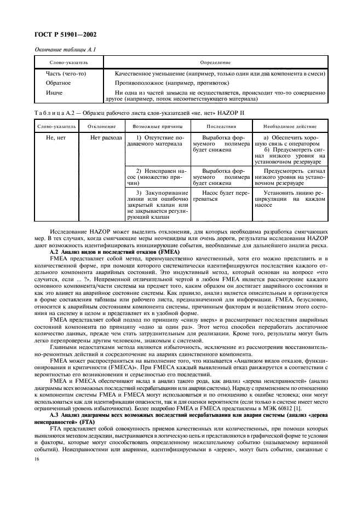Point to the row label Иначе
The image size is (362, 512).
click(x=54, y=92)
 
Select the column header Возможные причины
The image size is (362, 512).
click(x=157, y=126)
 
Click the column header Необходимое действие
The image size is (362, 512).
click(x=291, y=126)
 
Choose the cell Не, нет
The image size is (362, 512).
click(x=55, y=138)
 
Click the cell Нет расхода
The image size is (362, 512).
click(x=106, y=138)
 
